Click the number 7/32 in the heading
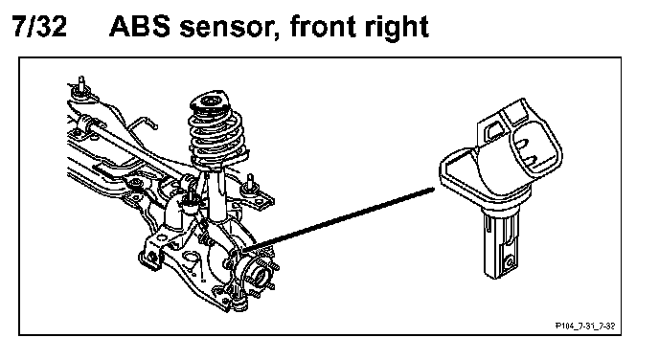tap(39, 26)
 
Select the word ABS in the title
tap(140, 26)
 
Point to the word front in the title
tap(323, 27)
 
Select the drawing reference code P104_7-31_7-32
tap(585, 326)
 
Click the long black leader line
tap(338, 220)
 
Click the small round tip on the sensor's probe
tap(510, 262)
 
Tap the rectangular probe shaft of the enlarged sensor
tap(501, 246)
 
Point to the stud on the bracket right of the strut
tap(251, 184)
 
